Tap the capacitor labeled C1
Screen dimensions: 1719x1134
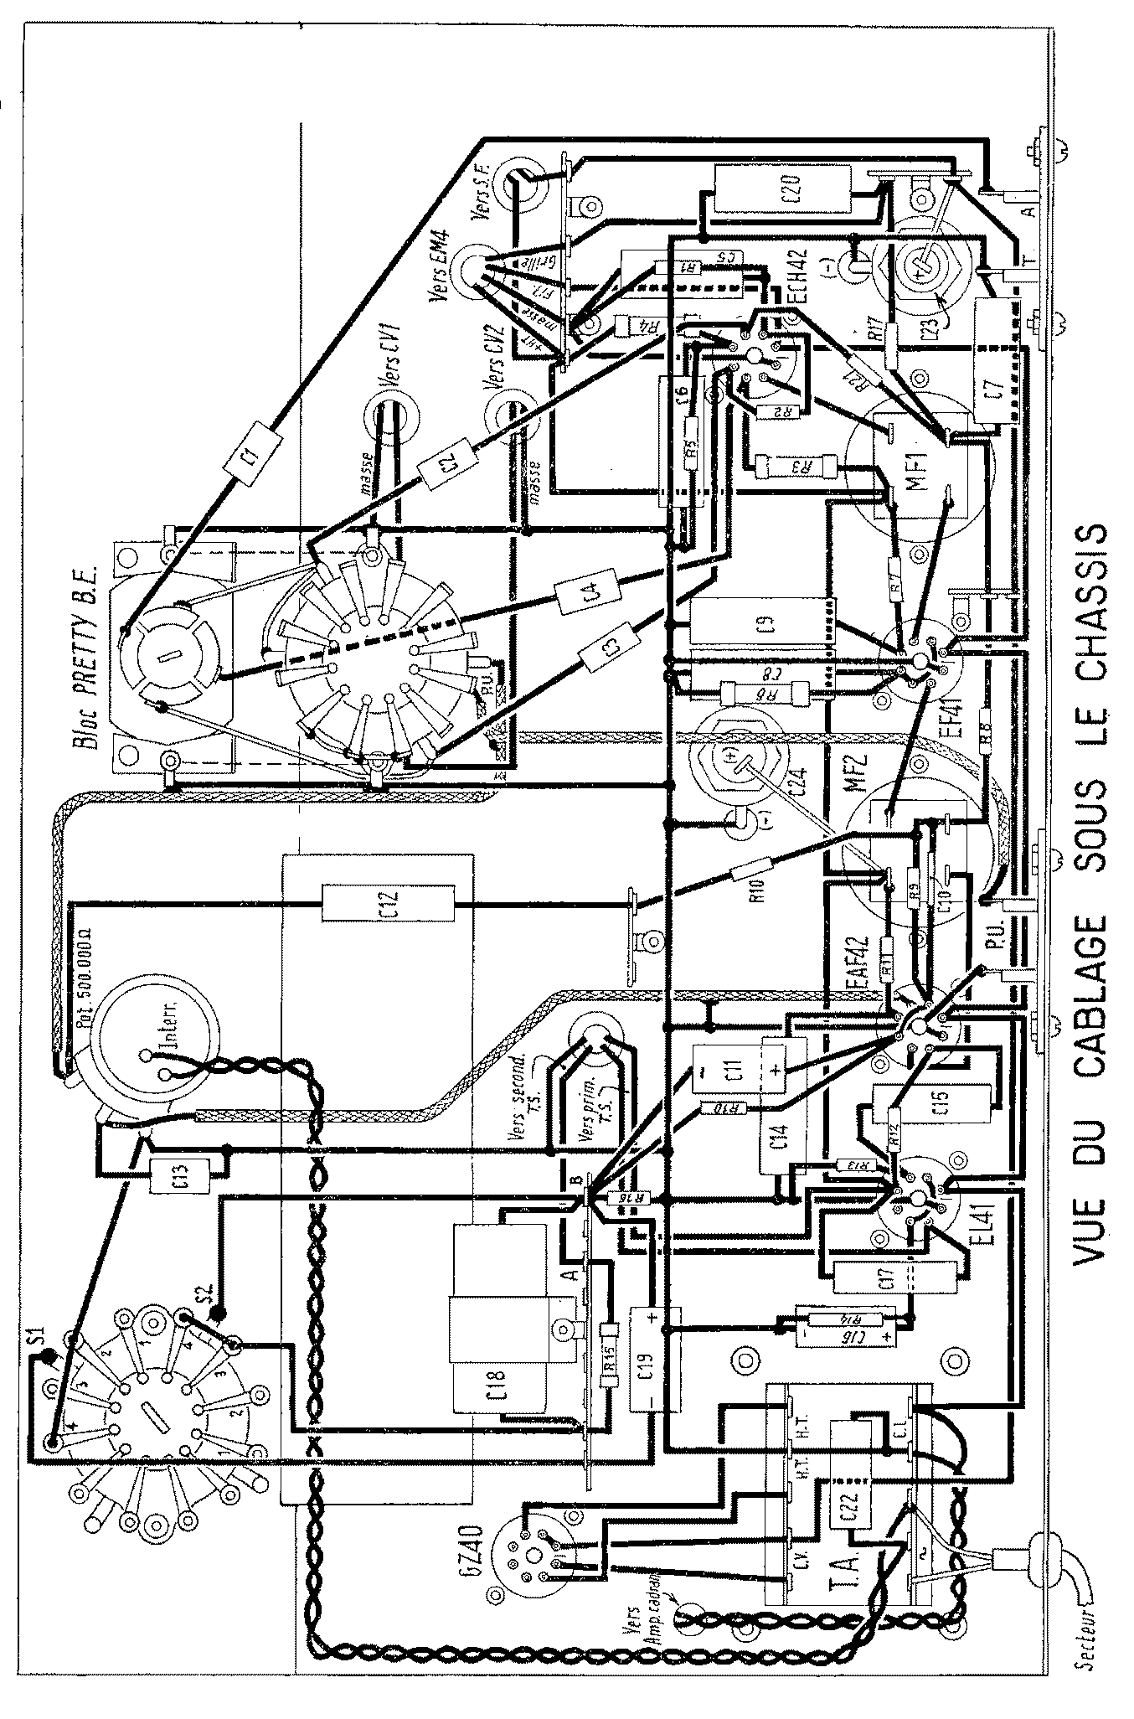[250, 454]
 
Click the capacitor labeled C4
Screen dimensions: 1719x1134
[589, 594]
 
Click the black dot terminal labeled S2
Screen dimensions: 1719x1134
[217, 1314]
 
